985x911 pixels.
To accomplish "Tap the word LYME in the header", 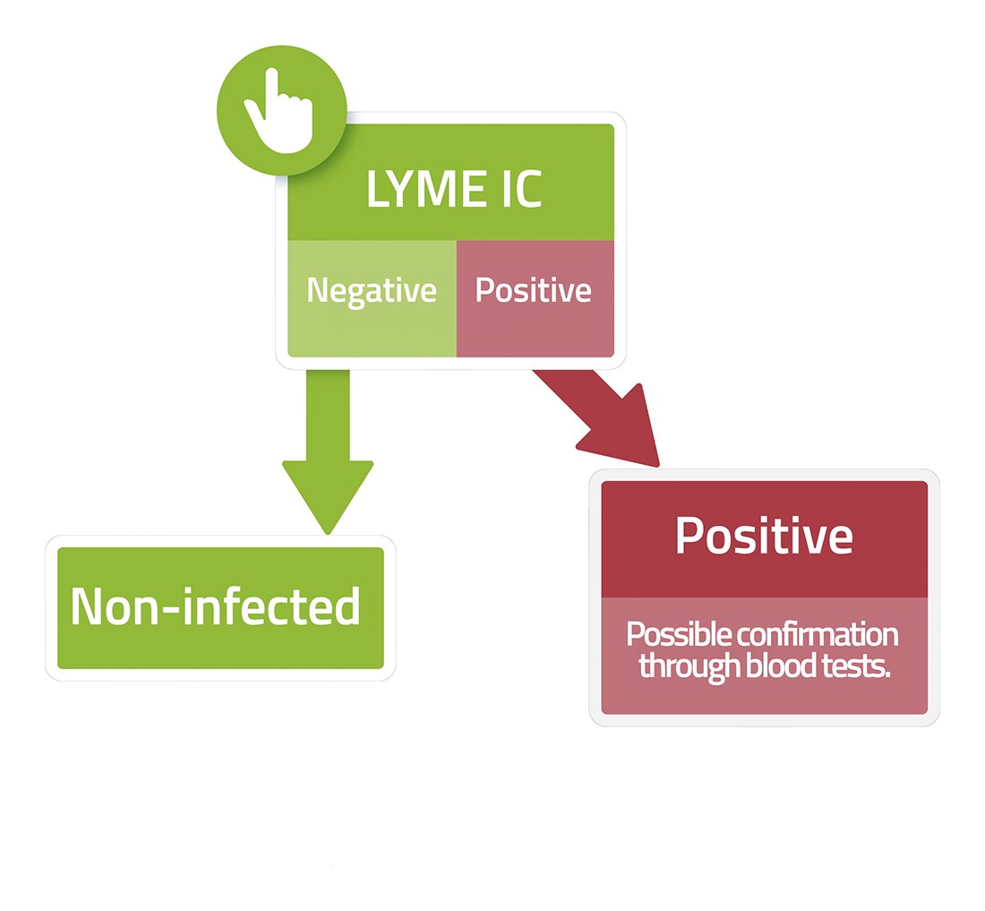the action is [426, 188].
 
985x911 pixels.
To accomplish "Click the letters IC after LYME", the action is [522, 188].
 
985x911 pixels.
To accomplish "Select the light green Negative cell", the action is [372, 298].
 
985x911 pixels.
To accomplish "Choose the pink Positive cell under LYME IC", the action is [535, 298].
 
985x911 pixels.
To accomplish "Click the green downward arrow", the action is [328, 451].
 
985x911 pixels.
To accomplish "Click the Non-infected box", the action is [220, 607].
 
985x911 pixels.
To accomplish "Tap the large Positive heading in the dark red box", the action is [764, 536].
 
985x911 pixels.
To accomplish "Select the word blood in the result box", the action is [781, 666].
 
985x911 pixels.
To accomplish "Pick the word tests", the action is [856, 666].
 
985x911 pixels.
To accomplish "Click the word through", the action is [689, 667].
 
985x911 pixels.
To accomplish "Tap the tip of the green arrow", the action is [328, 534].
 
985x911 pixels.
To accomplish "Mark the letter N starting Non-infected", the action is [86, 607].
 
